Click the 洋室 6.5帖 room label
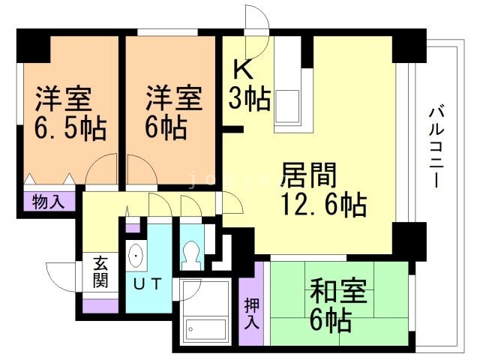point(70,113)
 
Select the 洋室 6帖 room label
point(173,112)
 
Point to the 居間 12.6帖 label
point(323,190)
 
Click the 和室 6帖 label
point(338,306)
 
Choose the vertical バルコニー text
point(436,146)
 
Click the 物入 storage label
point(49,202)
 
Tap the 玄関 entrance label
point(100,272)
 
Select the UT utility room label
point(148,283)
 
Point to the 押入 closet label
point(252,313)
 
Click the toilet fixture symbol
point(192,255)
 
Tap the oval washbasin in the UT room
point(136,255)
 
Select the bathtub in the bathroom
point(206,329)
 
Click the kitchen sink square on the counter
point(287,106)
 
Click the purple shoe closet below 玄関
point(100,306)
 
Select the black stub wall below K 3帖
point(232,130)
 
